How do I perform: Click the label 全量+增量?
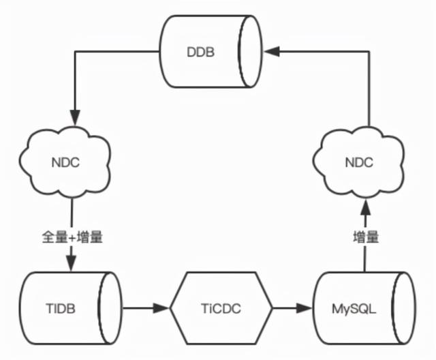(x=71, y=238)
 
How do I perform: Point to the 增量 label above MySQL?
(x=367, y=238)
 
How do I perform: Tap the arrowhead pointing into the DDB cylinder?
(x=271, y=50)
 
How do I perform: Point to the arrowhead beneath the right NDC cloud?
(x=367, y=207)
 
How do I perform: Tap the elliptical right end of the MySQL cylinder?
(x=407, y=308)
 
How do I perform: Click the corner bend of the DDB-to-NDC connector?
(x=71, y=50)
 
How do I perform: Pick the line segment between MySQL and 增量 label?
(x=367, y=260)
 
